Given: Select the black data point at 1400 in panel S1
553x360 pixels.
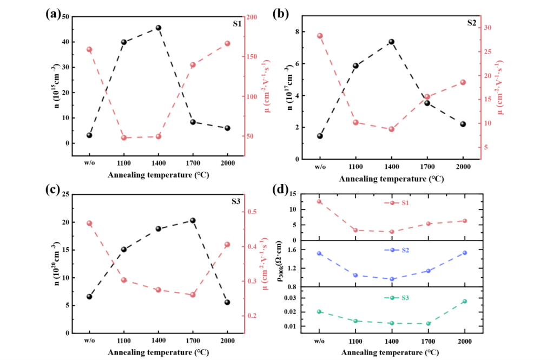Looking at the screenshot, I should click(159, 28).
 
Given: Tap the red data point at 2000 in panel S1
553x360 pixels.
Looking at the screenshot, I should click(227, 44).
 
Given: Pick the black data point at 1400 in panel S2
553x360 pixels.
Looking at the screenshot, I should click(391, 42).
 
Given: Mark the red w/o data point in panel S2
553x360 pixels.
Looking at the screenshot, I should click(320, 36).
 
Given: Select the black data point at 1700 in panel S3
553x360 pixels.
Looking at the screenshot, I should click(193, 220).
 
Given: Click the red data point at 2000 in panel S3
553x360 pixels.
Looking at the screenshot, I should click(227, 245).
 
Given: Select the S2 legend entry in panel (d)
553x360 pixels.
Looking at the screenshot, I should click(399, 250).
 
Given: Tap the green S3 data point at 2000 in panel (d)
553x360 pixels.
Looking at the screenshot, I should click(464, 302).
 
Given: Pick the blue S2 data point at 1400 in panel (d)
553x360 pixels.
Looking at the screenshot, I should click(392, 279).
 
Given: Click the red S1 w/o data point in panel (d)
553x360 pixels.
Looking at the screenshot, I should click(319, 201).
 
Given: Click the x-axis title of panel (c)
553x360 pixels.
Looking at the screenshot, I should click(158, 353).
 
